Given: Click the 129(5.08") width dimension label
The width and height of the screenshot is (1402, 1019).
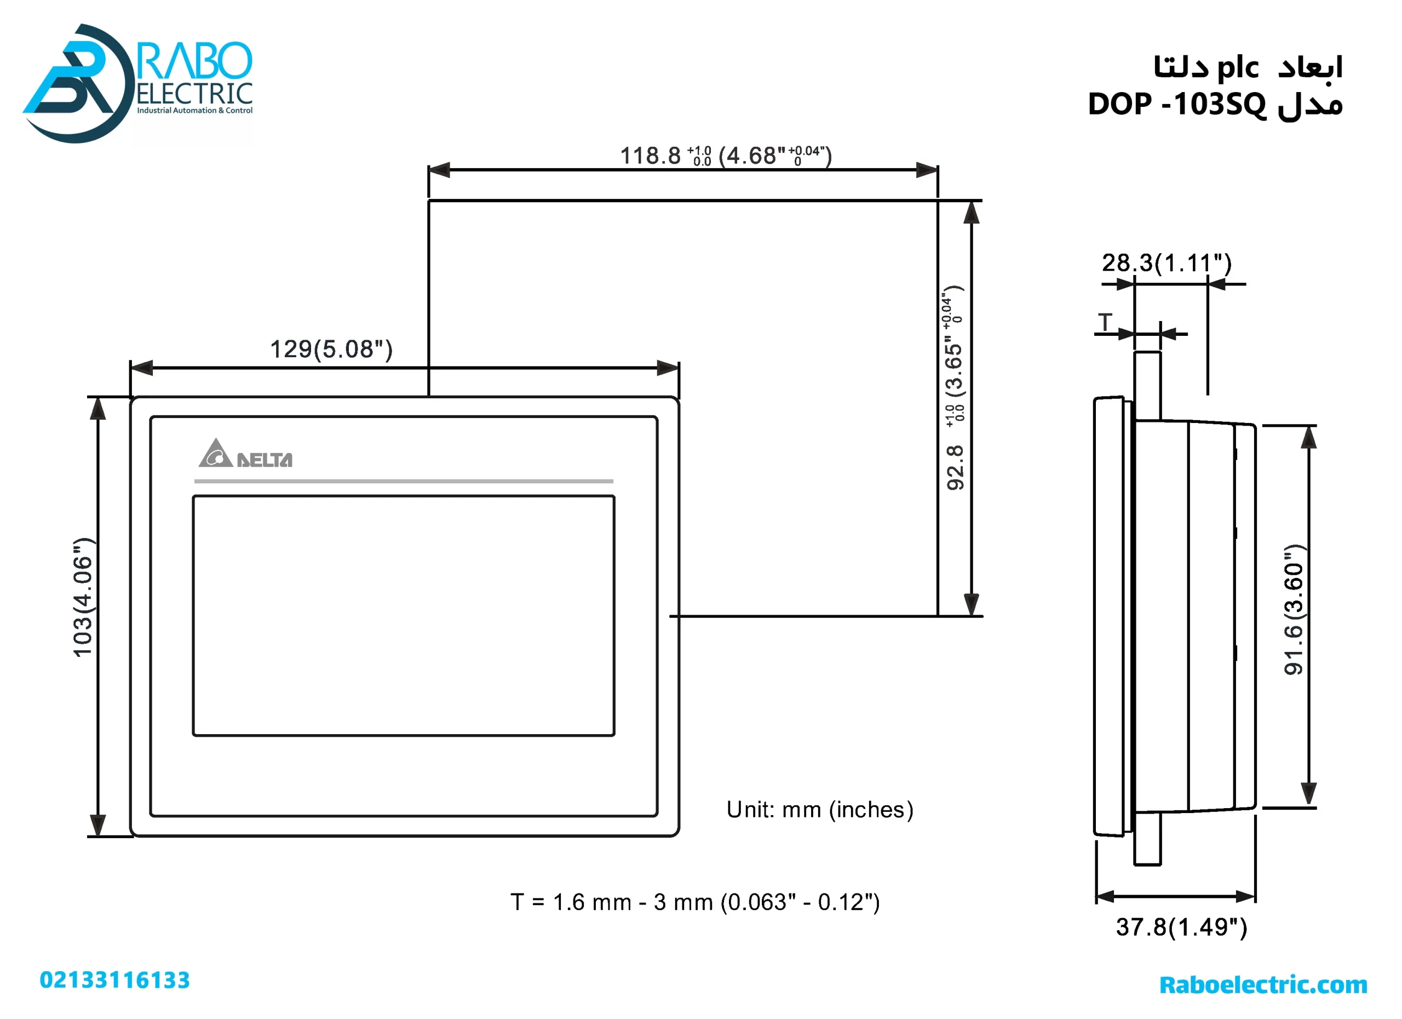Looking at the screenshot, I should [x=331, y=350].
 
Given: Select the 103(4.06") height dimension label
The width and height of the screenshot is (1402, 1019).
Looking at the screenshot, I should [x=83, y=597].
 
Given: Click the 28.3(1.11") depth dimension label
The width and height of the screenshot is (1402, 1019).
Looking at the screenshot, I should [x=1167, y=264].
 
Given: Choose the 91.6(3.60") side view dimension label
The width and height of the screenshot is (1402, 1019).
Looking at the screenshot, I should [x=1293, y=610].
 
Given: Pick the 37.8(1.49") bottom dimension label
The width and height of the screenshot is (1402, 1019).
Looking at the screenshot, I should [x=1181, y=927].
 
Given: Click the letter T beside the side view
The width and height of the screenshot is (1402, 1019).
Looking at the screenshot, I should [x=1105, y=323].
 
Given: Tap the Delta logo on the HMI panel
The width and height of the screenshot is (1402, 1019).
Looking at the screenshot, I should [x=245, y=455].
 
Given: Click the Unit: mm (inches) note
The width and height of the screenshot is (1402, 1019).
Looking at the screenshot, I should [x=820, y=810].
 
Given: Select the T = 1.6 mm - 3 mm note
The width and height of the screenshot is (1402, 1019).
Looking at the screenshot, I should [x=695, y=902].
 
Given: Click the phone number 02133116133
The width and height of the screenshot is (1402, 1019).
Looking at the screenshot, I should [x=115, y=980].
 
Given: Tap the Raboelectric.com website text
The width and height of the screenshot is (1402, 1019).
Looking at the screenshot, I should [x=1263, y=984].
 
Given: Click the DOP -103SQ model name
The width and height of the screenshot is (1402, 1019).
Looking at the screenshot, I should [x=1176, y=104].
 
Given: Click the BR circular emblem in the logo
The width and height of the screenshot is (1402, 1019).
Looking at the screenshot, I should [x=77, y=83].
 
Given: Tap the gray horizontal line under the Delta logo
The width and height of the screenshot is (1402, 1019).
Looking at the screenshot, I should [x=404, y=481].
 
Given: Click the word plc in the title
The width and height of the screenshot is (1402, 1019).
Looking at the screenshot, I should [x=1238, y=67].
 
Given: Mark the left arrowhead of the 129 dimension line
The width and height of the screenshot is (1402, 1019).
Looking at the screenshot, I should [x=141, y=368].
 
